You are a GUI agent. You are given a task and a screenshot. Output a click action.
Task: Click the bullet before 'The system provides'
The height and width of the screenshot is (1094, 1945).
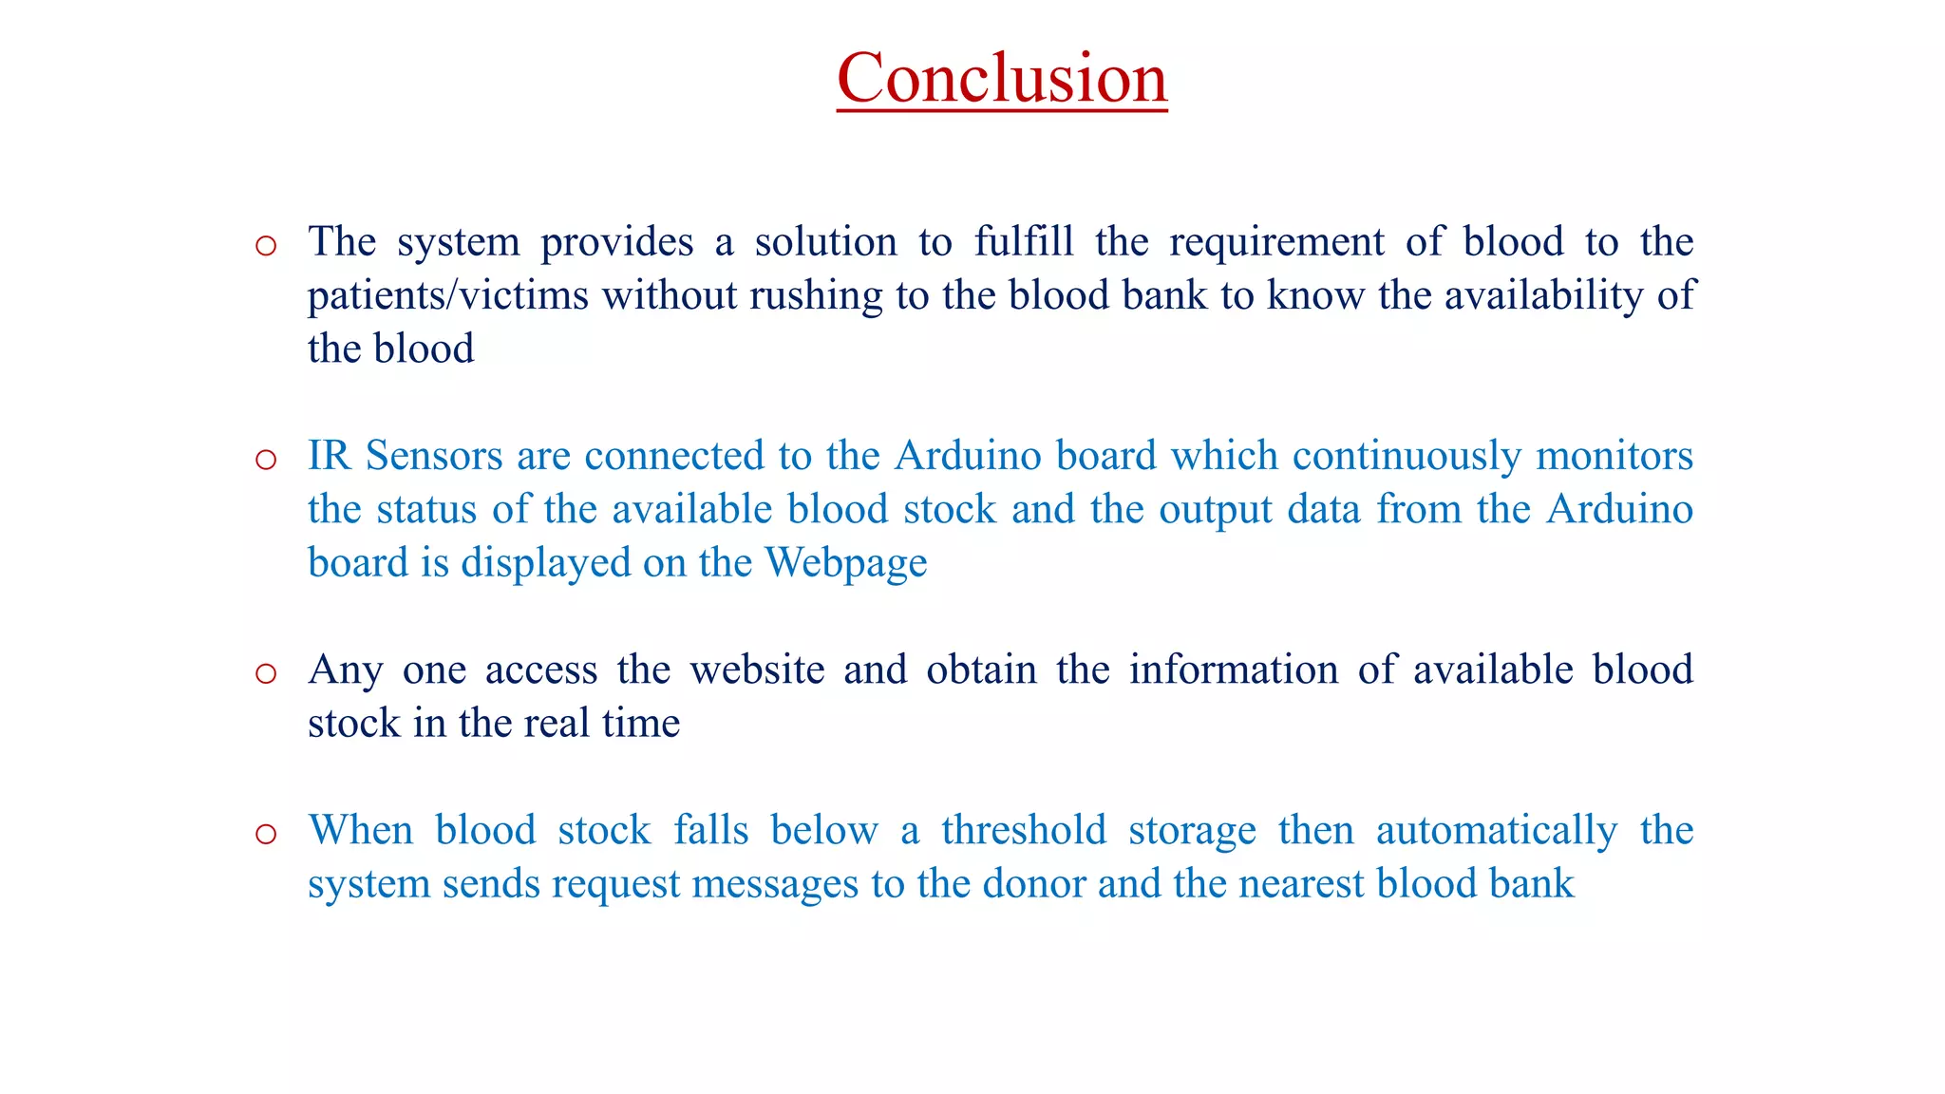pyautogui.click(x=266, y=246)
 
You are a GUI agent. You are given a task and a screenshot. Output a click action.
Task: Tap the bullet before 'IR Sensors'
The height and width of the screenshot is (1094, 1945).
pyautogui.click(x=266, y=461)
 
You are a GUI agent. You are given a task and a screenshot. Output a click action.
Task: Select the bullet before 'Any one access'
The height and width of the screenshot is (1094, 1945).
pyautogui.click(x=266, y=674)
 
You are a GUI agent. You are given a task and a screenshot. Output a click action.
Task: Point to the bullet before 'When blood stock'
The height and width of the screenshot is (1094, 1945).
pyautogui.click(x=266, y=835)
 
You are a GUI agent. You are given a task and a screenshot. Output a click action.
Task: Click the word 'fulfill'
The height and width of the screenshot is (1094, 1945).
pyautogui.click(x=1024, y=241)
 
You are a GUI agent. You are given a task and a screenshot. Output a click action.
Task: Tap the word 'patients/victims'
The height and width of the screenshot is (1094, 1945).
pyautogui.click(x=448, y=295)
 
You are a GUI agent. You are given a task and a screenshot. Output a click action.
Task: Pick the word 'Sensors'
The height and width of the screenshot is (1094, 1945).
pyautogui.click(x=434, y=456)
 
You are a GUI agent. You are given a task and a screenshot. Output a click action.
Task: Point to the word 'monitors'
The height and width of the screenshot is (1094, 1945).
pyautogui.click(x=1615, y=456)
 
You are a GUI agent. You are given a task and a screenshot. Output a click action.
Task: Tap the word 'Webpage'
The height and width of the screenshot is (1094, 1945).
pyautogui.click(x=846, y=563)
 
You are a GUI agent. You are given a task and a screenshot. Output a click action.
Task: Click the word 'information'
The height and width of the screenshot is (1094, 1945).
pyautogui.click(x=1233, y=670)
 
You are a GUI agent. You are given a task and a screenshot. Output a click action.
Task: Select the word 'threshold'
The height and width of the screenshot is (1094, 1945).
pyautogui.click(x=1024, y=830)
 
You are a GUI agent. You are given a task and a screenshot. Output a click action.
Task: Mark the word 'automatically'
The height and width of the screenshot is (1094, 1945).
pyautogui.click(x=1497, y=830)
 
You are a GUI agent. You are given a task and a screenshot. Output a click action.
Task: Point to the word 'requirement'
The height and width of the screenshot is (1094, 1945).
pyautogui.click(x=1276, y=241)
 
